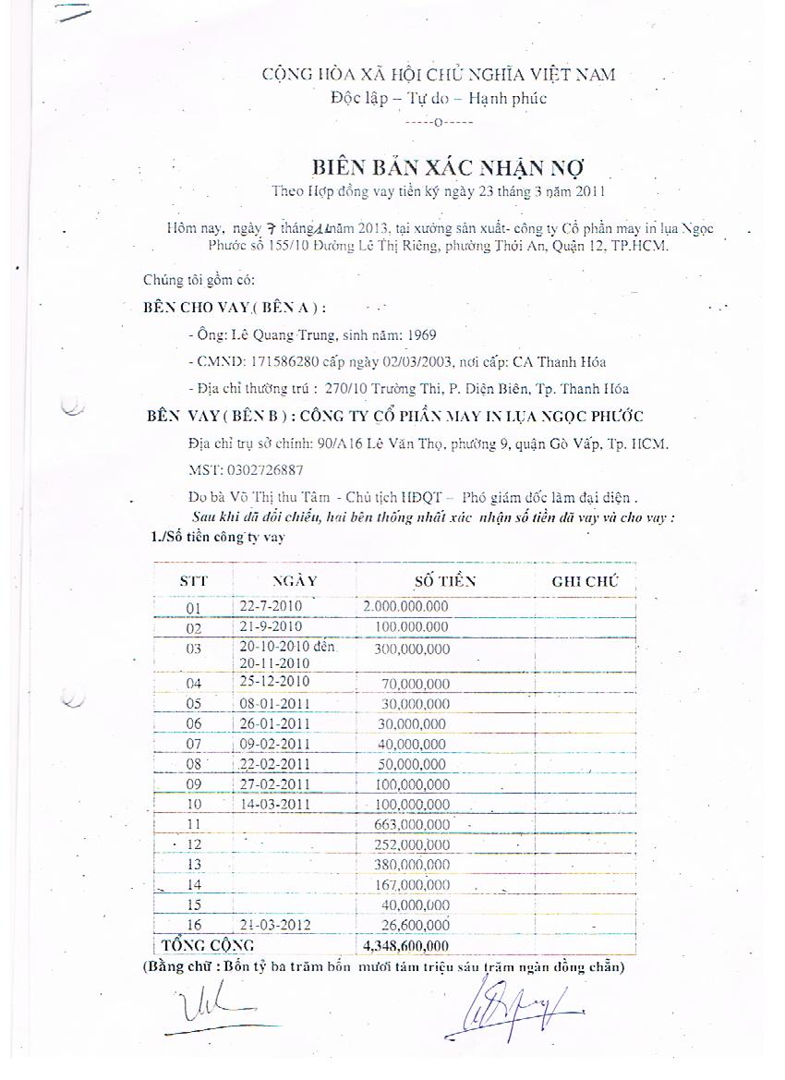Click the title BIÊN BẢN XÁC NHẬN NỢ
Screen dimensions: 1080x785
pos(448,167)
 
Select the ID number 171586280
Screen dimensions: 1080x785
pos(283,362)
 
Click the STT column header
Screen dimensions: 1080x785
pos(193,581)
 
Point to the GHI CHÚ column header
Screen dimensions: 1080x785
pos(585,581)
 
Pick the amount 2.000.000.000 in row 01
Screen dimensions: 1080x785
pos(406,607)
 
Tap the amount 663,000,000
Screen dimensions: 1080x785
pos(412,824)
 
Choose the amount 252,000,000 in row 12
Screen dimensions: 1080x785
pos(412,844)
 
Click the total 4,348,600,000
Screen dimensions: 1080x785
pos(406,946)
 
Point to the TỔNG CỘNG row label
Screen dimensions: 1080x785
pos(208,946)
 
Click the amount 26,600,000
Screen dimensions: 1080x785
pos(415,925)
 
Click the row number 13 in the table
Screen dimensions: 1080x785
pos(194,865)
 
